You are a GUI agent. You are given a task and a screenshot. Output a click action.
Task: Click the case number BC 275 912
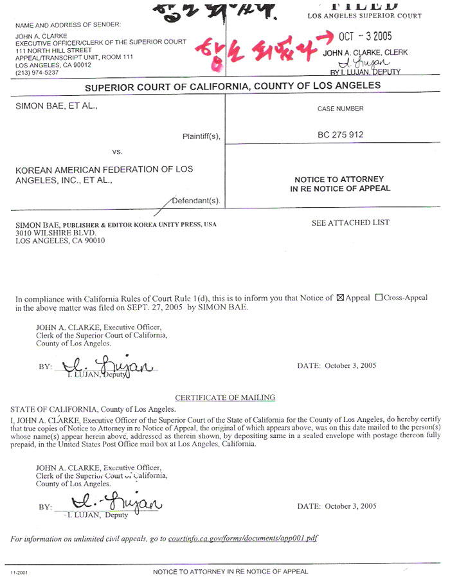tap(340, 136)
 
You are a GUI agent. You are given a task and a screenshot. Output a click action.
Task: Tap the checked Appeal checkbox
tap(341, 298)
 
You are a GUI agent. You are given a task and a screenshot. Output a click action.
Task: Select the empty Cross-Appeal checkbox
tap(378, 298)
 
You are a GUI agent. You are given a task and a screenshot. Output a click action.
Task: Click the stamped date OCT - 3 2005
tap(365, 37)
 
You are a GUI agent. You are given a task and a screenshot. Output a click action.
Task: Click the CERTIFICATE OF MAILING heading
tap(225, 398)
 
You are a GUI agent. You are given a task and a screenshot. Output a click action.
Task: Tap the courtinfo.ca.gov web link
tap(242, 538)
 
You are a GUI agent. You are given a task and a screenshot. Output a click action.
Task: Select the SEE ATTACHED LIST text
tap(350, 223)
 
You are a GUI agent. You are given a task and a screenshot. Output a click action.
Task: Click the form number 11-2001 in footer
tap(17, 571)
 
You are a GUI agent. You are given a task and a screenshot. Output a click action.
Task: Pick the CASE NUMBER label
tap(340, 109)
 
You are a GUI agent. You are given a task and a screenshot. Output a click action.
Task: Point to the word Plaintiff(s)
tap(201, 136)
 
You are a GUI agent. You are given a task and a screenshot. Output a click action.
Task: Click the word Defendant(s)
tap(196, 201)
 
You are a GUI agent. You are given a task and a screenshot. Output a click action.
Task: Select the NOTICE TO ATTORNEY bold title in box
tap(339, 179)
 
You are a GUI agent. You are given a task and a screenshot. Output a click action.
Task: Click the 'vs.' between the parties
tap(117, 152)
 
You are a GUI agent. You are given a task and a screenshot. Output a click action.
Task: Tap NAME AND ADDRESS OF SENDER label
tap(67, 24)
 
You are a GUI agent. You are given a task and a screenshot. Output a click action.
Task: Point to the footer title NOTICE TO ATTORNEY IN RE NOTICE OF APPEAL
tap(230, 571)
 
